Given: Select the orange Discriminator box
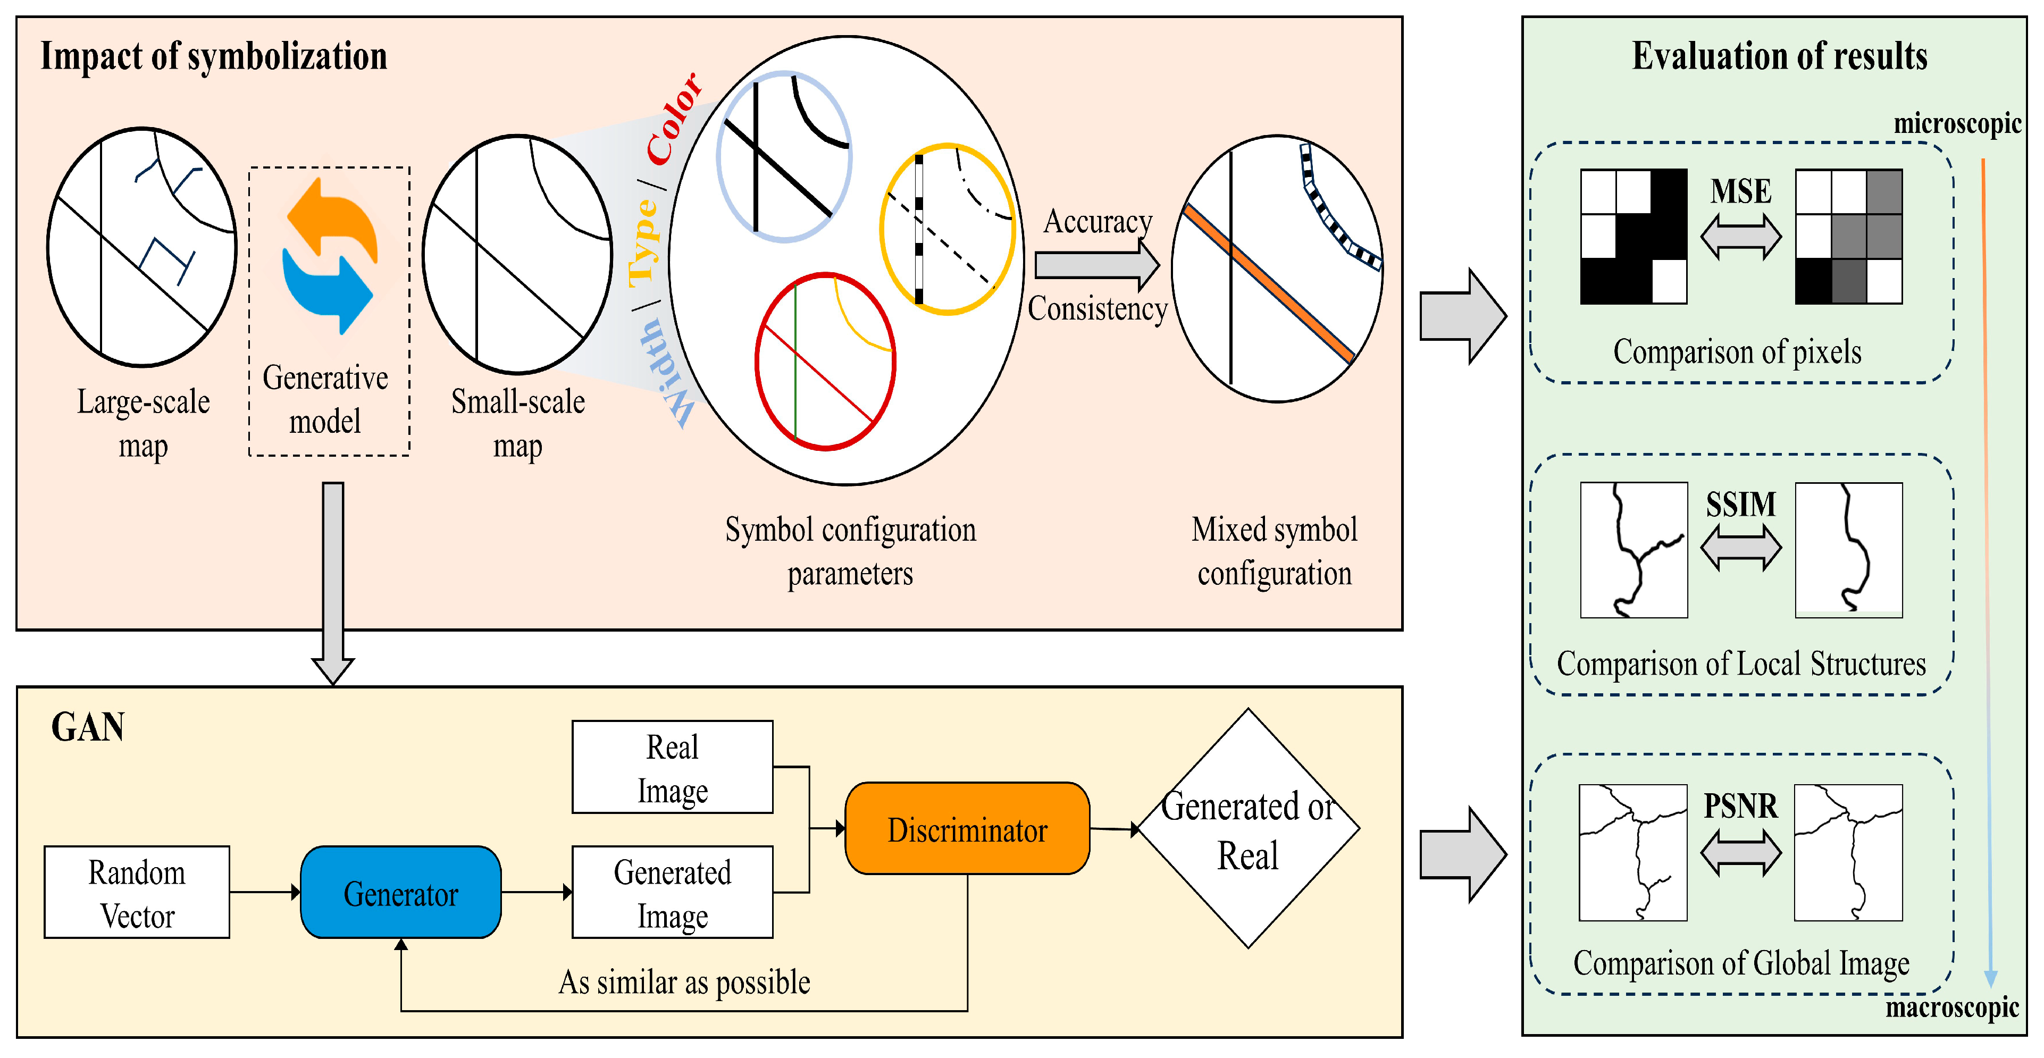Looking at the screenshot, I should [967, 829].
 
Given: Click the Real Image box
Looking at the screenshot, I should [672, 767].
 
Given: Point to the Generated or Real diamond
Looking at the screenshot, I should [1248, 829].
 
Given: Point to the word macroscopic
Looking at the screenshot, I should [1952, 1007].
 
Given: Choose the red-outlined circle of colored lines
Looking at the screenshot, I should [825, 362].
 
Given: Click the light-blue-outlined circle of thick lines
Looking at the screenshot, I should [784, 156].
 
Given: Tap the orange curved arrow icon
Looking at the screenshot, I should [333, 218].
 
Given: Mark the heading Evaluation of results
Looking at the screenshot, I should [1779, 56].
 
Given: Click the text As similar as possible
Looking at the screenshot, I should [684, 982].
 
